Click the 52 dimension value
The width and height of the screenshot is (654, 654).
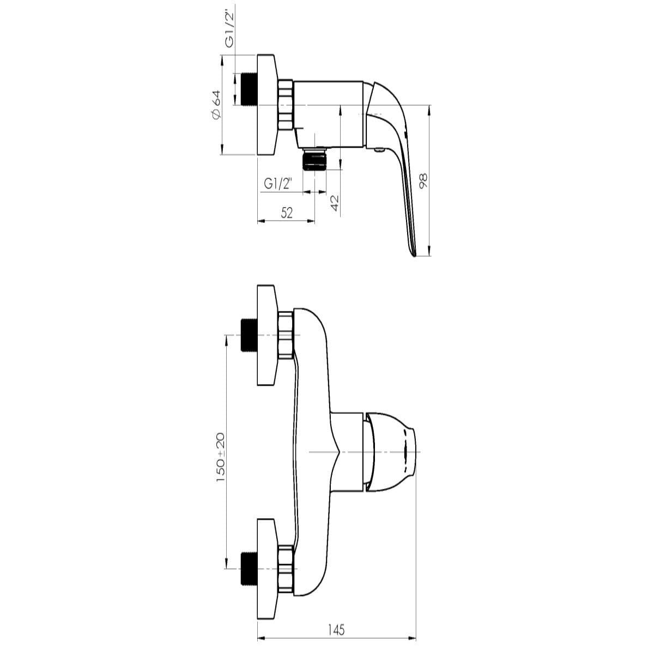287,213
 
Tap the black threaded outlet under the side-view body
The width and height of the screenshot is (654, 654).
314,161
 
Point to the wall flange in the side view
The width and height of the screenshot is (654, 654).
267,105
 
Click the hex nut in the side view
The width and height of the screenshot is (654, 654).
286,105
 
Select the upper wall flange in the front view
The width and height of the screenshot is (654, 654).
267,335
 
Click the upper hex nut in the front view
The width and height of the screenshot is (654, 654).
286,335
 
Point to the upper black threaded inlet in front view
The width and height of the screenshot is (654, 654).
248,335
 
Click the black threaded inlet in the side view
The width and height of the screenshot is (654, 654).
248,89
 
